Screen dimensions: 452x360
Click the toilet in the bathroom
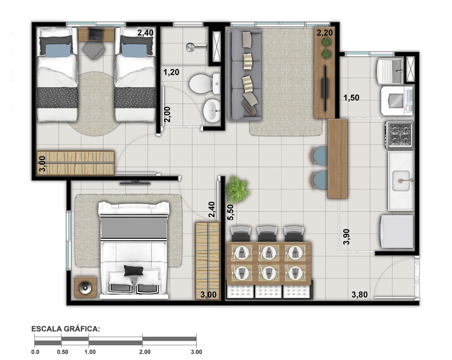(204, 84)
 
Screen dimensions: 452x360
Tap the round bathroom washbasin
(212, 111)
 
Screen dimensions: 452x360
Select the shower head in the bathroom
(190, 47)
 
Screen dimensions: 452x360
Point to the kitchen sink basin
(400, 181)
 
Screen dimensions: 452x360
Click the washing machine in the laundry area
(397, 100)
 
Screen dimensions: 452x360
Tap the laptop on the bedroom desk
(96, 34)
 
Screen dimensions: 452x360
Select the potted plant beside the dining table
(237, 190)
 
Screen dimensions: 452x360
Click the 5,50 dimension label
(231, 213)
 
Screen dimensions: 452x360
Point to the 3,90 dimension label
(346, 236)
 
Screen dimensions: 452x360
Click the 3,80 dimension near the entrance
(359, 294)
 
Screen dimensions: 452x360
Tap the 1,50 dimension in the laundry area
(351, 98)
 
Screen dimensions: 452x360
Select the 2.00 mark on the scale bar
(145, 352)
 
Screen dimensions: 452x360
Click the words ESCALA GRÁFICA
(66, 329)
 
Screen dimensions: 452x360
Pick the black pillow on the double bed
(133, 271)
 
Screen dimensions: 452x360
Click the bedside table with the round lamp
(85, 287)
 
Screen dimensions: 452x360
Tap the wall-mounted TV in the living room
(325, 88)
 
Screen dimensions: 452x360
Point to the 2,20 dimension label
(325, 33)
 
